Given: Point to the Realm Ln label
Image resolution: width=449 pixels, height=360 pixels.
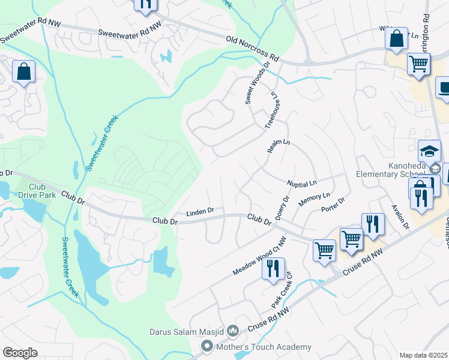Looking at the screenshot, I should tap(279, 150).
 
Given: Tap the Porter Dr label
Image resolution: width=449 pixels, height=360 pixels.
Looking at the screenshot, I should tap(333, 205).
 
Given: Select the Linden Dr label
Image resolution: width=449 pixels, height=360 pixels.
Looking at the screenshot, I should tap(200, 212).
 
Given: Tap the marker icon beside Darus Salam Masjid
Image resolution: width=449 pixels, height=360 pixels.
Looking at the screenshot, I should tap(234, 331).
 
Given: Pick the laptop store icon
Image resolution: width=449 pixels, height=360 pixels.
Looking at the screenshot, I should tap(445, 88).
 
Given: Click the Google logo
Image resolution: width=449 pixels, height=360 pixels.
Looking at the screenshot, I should tap(20, 353).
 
